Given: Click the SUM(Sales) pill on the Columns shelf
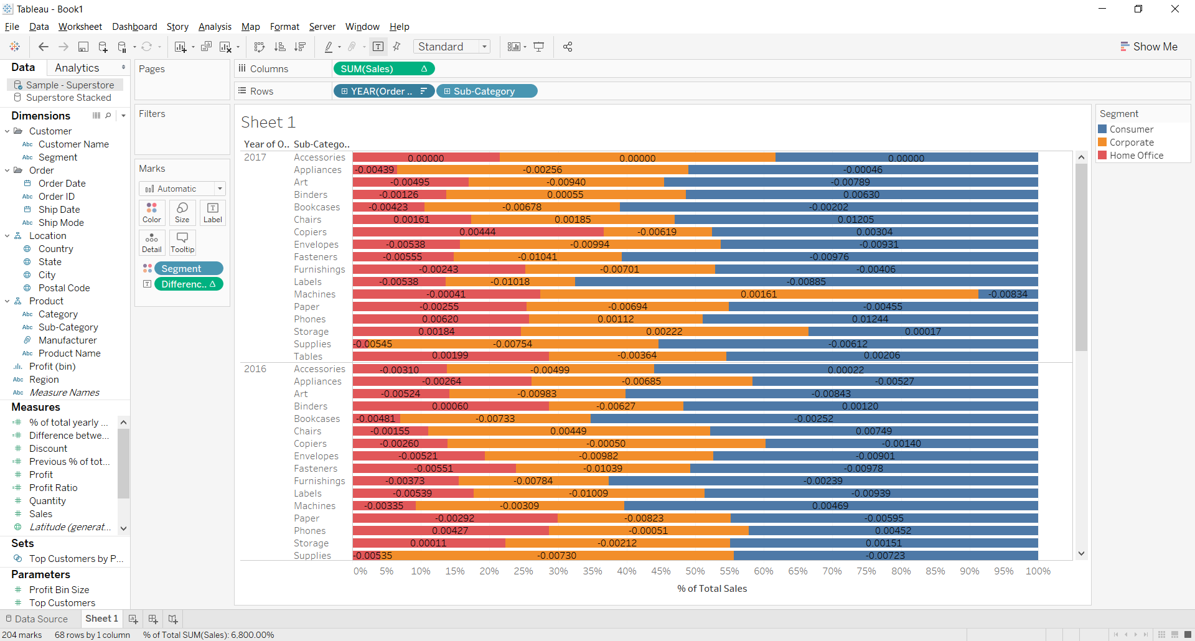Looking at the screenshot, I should coord(373,69).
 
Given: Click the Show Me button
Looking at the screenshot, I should coord(1149,47).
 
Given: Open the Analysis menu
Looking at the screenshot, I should coord(215,27).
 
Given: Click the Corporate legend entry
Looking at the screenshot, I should coord(1131,143).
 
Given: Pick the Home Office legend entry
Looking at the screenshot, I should coord(1136,156).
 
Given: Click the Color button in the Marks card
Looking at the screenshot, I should coord(152,212).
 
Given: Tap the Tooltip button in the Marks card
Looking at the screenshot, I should coord(182,242).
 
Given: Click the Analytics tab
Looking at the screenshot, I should coord(77,68).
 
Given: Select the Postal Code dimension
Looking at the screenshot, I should coord(64,288).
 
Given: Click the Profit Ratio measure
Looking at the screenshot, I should coord(54,488).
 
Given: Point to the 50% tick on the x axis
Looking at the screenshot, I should coord(695,571).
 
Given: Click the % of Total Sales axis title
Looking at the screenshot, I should coord(712,589).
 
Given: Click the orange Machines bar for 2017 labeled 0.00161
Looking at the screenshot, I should coord(759,294).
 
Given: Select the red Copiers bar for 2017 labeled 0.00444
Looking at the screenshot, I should coord(477,232).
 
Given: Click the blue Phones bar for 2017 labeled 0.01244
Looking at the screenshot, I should coord(870,319).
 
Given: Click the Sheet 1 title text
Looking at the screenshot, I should coord(268,123).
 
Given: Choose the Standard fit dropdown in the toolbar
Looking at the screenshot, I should coord(453,47).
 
